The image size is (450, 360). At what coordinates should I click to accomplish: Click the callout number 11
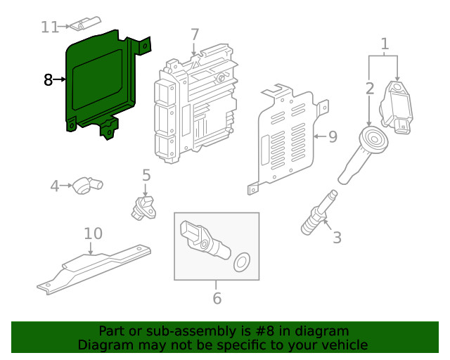(49, 27)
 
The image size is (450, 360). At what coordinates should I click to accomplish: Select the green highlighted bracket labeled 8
(98, 77)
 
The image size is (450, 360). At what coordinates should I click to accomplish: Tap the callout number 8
(48, 80)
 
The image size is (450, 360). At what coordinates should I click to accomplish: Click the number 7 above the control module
(195, 34)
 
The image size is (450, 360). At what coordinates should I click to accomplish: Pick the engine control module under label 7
(197, 105)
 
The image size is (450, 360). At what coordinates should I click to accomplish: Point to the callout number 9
(333, 136)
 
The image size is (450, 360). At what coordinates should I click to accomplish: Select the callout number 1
(385, 45)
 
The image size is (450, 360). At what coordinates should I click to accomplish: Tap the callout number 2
(370, 89)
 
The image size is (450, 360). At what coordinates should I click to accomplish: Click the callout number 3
(337, 238)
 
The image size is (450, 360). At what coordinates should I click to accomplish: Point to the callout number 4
(55, 186)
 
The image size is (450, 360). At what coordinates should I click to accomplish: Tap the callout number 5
(146, 174)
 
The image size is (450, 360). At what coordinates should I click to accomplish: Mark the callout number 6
(217, 298)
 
